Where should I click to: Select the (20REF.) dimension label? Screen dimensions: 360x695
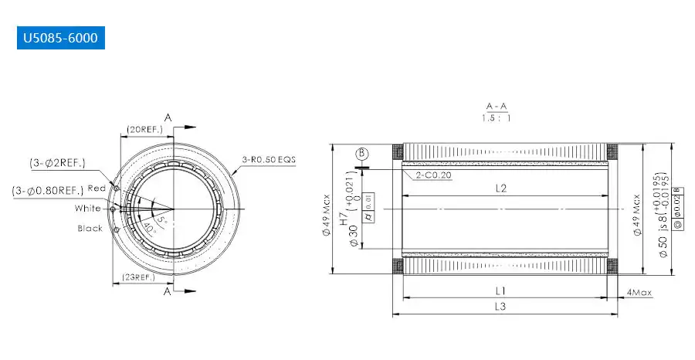click(141, 130)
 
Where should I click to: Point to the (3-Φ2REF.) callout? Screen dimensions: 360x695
click(59, 163)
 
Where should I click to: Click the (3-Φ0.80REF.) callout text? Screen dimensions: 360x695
click(48, 191)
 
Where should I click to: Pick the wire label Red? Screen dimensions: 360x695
click(97, 188)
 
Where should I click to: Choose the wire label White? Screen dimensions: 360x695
click(88, 209)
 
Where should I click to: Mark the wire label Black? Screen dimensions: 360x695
click(90, 229)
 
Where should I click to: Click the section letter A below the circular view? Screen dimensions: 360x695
click(168, 292)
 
